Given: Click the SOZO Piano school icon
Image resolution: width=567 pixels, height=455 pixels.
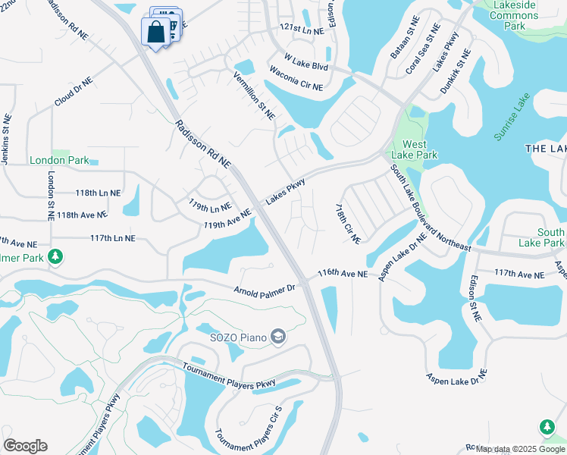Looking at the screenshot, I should [x=278, y=336].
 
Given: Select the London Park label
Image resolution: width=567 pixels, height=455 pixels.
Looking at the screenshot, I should [x=54, y=160].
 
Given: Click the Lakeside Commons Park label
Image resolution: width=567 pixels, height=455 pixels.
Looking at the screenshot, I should [x=514, y=15].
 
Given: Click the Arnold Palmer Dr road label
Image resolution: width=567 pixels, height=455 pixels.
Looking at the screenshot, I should [x=264, y=290].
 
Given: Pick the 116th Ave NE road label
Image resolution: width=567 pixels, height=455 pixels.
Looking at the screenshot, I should [x=342, y=273].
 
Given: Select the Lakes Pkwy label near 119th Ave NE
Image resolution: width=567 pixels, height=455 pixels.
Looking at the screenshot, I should [x=285, y=190].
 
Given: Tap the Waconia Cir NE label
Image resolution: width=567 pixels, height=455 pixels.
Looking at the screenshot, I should [x=296, y=78].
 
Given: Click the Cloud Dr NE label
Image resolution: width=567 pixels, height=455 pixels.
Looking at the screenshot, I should [x=73, y=91].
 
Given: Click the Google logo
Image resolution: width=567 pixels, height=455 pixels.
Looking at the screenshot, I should [x=25, y=446].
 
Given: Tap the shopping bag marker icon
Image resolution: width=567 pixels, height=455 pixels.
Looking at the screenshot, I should [x=155, y=32].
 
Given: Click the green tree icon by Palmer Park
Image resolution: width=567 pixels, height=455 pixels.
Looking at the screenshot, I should [x=55, y=258].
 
